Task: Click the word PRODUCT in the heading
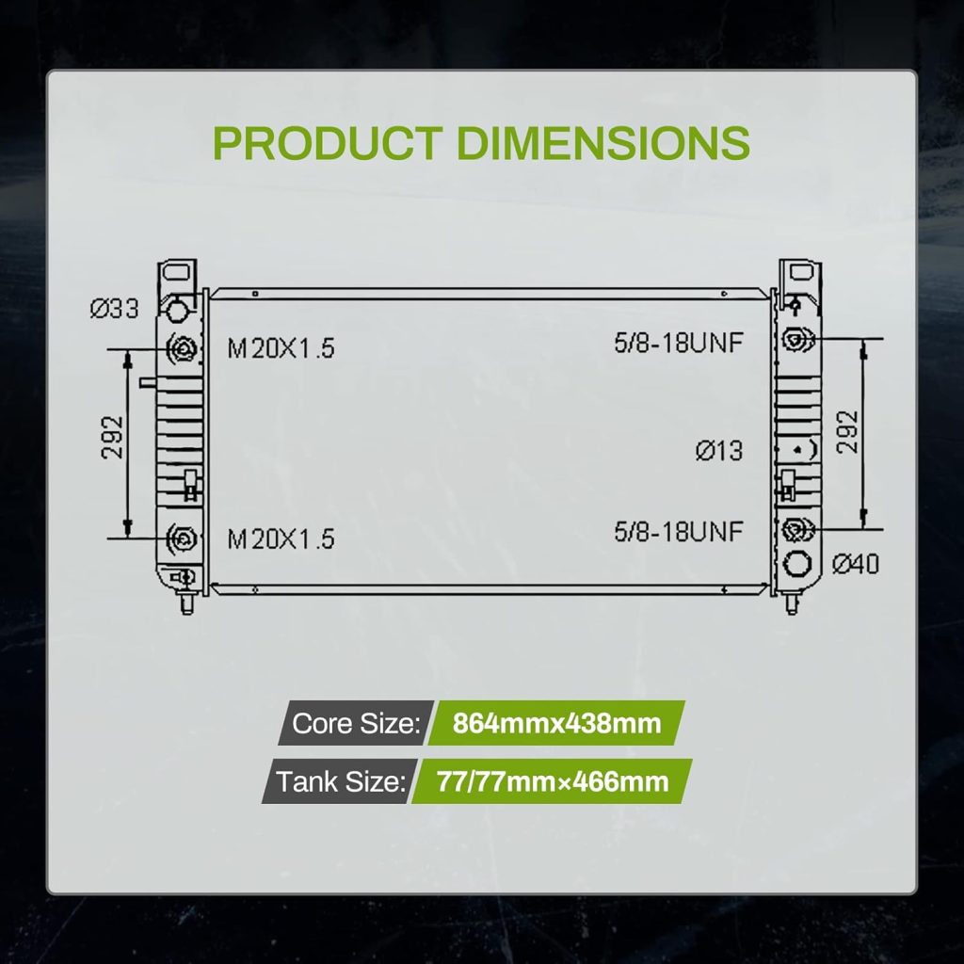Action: [327, 143]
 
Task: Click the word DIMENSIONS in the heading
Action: [603, 143]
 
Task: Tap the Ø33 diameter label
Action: [114, 308]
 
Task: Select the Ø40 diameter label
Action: [855, 563]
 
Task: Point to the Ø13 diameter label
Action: [719, 451]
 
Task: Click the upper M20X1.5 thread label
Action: [281, 348]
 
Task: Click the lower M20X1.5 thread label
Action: [281, 538]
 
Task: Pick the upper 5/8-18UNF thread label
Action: [679, 343]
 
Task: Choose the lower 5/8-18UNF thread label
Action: [679, 532]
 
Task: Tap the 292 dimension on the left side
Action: [113, 437]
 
